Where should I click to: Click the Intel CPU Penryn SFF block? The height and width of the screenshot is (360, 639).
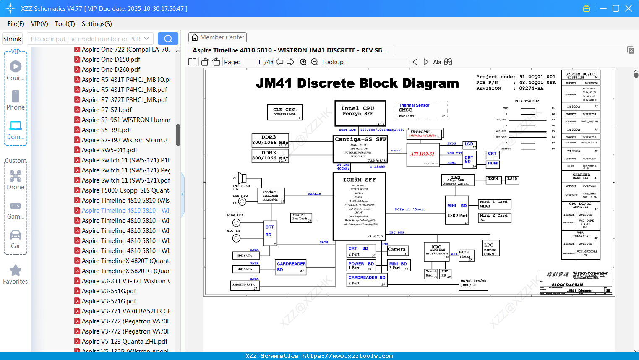pyautogui.click(x=360, y=113)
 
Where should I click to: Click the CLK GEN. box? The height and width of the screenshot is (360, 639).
pyautogui.click(x=284, y=112)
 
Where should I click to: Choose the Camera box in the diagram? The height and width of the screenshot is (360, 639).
pyautogui.click(x=397, y=251)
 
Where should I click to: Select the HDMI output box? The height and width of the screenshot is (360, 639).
pyautogui.click(x=493, y=164)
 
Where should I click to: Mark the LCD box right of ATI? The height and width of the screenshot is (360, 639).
pyautogui.click(x=469, y=145)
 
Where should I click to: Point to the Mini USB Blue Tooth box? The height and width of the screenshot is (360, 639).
pyautogui.click(x=301, y=217)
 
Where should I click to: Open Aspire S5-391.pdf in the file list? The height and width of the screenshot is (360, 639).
pyautogui.click(x=107, y=130)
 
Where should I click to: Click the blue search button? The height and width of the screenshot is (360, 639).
pyautogui.click(x=168, y=39)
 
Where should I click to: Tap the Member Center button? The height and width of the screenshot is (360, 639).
pyautogui.click(x=217, y=37)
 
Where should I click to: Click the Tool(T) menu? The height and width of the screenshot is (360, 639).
pyautogui.click(x=65, y=24)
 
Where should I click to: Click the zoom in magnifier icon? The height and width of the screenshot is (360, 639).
pyautogui.click(x=303, y=62)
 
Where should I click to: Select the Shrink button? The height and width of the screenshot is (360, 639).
pyautogui.click(x=12, y=39)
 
